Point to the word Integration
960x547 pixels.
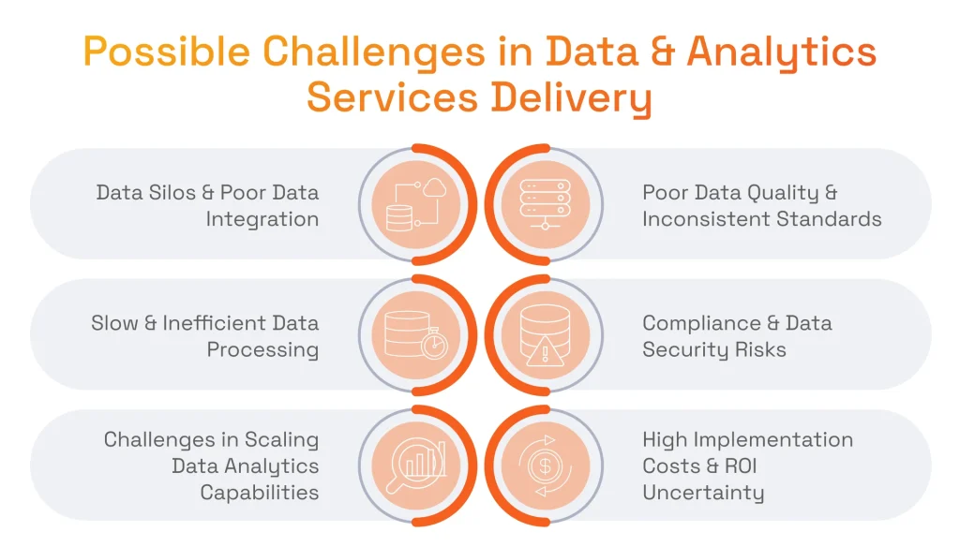(x=262, y=219)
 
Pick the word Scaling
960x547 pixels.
(x=281, y=439)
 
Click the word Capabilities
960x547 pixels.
(x=260, y=492)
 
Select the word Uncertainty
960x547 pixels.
(x=703, y=492)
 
